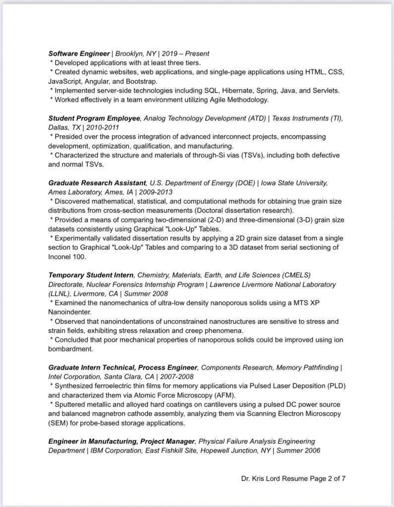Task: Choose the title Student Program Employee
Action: tap(95, 118)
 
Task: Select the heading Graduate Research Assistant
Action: tap(97, 183)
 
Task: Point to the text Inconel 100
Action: tap(67, 257)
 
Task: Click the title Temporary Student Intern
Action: tap(91, 275)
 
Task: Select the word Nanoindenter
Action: tap(70, 312)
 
